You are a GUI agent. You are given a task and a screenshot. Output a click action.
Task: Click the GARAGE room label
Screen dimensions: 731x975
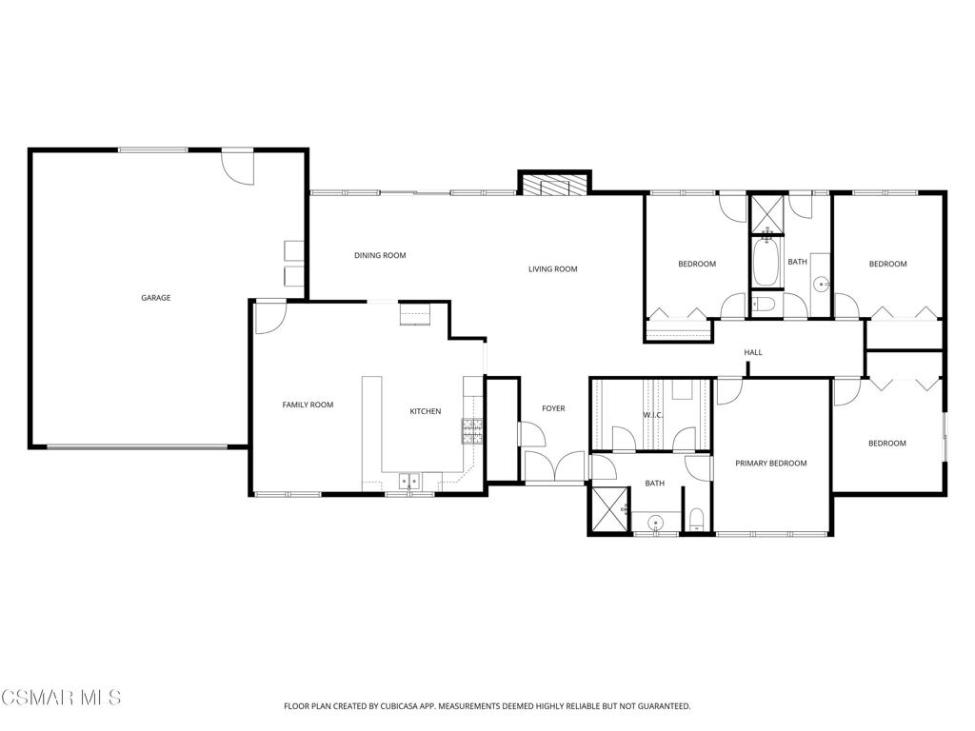(156, 298)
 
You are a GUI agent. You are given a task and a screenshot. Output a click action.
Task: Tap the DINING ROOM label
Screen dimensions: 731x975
(380, 255)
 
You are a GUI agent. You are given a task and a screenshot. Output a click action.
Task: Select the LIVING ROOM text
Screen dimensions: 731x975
(553, 269)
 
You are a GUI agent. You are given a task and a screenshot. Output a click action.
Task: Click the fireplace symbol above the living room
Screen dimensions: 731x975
(555, 185)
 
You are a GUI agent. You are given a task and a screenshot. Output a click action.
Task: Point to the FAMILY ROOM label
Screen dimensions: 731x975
(308, 405)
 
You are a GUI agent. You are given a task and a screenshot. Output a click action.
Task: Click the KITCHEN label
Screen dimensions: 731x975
(425, 411)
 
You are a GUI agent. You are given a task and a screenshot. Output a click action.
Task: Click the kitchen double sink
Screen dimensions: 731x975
(410, 482)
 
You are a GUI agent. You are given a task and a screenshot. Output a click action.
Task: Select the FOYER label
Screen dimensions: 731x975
(553, 408)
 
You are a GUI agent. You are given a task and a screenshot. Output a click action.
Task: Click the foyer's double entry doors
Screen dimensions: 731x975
(554, 467)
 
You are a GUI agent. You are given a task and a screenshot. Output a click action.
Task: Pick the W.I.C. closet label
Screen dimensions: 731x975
(652, 415)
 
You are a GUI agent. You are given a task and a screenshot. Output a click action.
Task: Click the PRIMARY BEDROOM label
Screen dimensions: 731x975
(770, 464)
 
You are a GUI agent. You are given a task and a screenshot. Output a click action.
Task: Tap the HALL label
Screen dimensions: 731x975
(753, 353)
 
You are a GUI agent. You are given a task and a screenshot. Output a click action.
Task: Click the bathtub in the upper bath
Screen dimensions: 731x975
(766, 264)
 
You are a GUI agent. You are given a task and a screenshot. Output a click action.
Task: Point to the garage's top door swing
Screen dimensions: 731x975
(239, 168)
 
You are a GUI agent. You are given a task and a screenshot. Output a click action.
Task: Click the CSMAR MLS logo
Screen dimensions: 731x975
(61, 698)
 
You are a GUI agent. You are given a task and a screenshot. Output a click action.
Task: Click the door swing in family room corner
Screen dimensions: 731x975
(269, 317)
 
